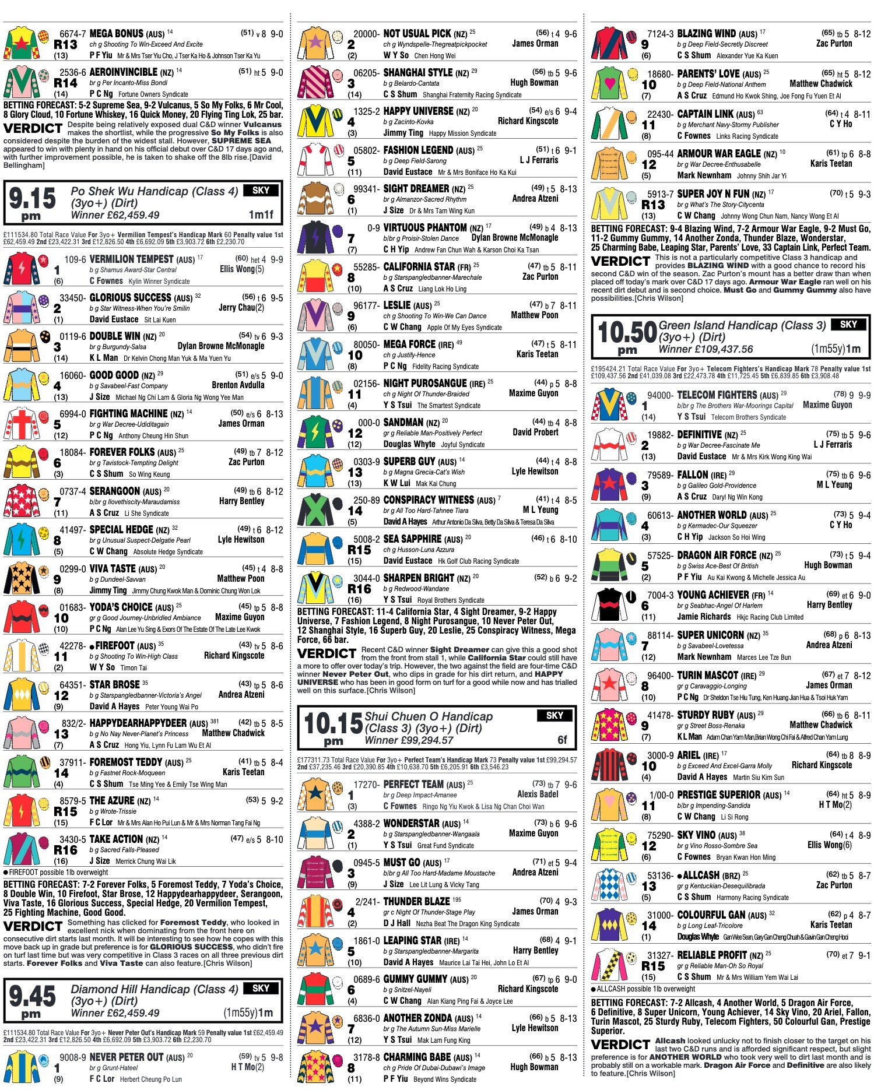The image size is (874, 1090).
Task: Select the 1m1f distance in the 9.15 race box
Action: click(261, 215)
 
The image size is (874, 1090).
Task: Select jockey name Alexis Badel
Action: click(538, 794)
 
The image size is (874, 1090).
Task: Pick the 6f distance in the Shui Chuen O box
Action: click(562, 740)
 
